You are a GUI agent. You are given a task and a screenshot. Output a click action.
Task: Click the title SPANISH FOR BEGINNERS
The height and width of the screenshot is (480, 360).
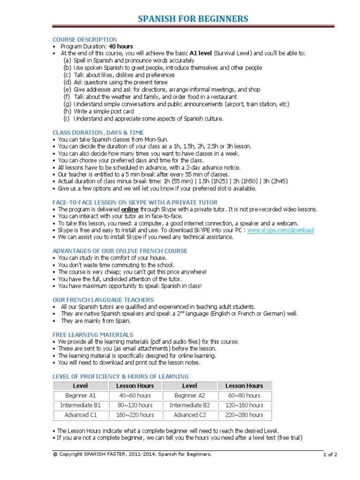point(193,19)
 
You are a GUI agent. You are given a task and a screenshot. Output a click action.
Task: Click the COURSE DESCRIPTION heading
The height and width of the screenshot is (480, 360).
point(84,40)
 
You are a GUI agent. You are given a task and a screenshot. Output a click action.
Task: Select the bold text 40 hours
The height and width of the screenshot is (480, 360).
point(121,46)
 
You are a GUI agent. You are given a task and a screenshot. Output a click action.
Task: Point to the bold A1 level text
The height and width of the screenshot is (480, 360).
point(201,53)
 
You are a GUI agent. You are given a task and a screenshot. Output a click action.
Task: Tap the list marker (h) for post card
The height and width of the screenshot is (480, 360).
point(67,112)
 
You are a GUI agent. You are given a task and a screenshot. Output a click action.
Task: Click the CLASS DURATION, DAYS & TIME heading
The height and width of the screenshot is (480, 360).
point(98,133)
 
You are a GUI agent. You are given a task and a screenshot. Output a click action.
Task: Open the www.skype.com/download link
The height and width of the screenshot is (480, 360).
point(280,230)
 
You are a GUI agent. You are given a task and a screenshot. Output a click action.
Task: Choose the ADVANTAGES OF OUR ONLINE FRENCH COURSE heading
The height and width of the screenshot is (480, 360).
point(120,251)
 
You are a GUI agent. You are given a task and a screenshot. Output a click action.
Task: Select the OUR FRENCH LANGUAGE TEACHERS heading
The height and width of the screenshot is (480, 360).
point(103,300)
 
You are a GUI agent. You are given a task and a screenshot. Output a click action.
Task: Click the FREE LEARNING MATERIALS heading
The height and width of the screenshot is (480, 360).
point(93,335)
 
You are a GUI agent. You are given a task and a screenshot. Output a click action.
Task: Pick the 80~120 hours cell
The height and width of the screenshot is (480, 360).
point(135,405)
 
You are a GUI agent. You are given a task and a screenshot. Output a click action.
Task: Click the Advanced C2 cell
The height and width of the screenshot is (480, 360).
point(189,415)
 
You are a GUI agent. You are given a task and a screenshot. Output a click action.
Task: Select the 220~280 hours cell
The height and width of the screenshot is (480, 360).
point(244,415)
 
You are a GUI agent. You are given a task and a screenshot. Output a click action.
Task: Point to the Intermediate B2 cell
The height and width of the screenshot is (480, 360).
point(189,405)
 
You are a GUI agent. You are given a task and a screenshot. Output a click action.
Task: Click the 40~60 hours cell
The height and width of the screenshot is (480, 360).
point(135,396)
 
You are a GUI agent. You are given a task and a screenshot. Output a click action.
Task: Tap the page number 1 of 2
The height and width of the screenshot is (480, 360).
point(330,455)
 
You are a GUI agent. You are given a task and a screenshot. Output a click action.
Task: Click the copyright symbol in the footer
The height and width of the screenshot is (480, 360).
point(54,454)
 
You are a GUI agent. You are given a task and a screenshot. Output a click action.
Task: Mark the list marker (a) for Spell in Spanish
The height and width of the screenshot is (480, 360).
point(67,60)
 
